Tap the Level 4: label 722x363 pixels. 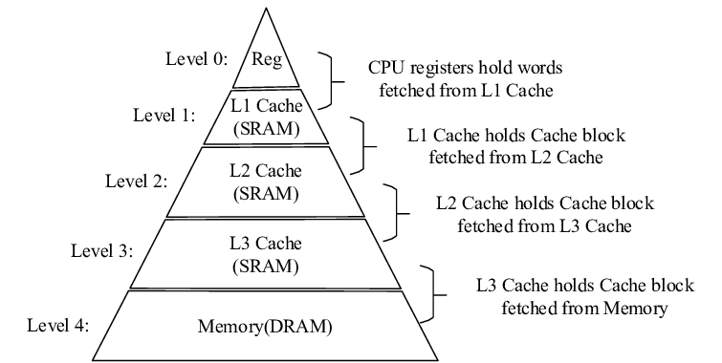pyautogui.click(x=58, y=325)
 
